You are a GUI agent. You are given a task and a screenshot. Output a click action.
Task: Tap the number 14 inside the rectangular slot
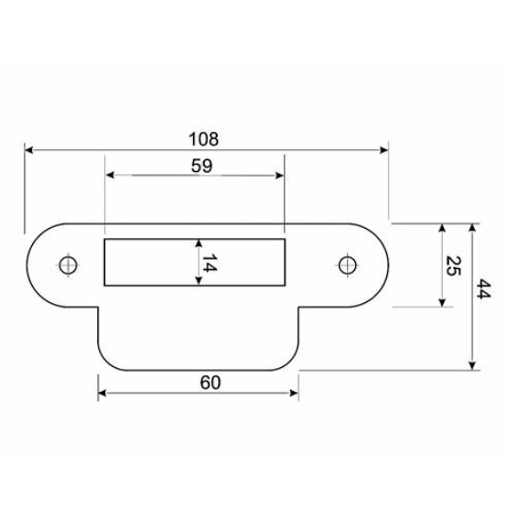point(209,264)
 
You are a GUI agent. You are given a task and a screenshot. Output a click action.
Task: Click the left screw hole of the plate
point(66,265)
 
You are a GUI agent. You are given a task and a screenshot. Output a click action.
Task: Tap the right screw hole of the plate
point(346,265)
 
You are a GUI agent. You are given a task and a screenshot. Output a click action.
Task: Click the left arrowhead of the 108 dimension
point(29,149)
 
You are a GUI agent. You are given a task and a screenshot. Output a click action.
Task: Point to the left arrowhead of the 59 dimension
point(111,177)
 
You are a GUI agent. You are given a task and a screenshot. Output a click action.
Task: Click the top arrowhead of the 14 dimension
point(198,243)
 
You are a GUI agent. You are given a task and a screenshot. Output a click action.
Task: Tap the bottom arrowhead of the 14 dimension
point(198,283)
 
